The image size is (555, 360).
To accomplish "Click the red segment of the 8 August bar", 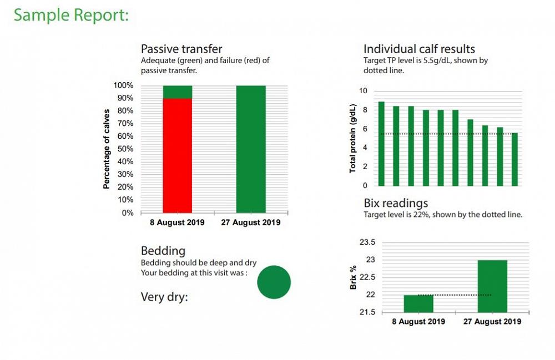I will [177, 155].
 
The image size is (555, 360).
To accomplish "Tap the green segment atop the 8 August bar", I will [177, 92].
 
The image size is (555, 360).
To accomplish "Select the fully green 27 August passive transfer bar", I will [251, 149].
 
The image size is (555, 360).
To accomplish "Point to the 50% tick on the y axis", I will [124, 149].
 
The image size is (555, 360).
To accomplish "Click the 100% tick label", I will [123, 85].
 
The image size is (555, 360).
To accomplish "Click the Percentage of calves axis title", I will [107, 149].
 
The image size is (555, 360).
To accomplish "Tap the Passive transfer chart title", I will [181, 49].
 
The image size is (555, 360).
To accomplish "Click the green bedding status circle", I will [274, 282].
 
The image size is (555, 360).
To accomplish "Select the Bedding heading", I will [163, 251].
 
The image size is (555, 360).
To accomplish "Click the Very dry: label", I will [164, 297].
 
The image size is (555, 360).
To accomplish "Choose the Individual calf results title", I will [419, 49].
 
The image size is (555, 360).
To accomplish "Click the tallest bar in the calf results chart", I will [381, 144].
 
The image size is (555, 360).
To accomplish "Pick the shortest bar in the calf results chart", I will [514, 159].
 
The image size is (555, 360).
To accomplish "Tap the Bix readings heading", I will [396, 203].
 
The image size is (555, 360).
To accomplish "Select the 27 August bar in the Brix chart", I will [492, 286].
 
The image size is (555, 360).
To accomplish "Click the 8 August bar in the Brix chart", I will [418, 303].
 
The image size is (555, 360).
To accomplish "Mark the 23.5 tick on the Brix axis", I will [368, 242].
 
